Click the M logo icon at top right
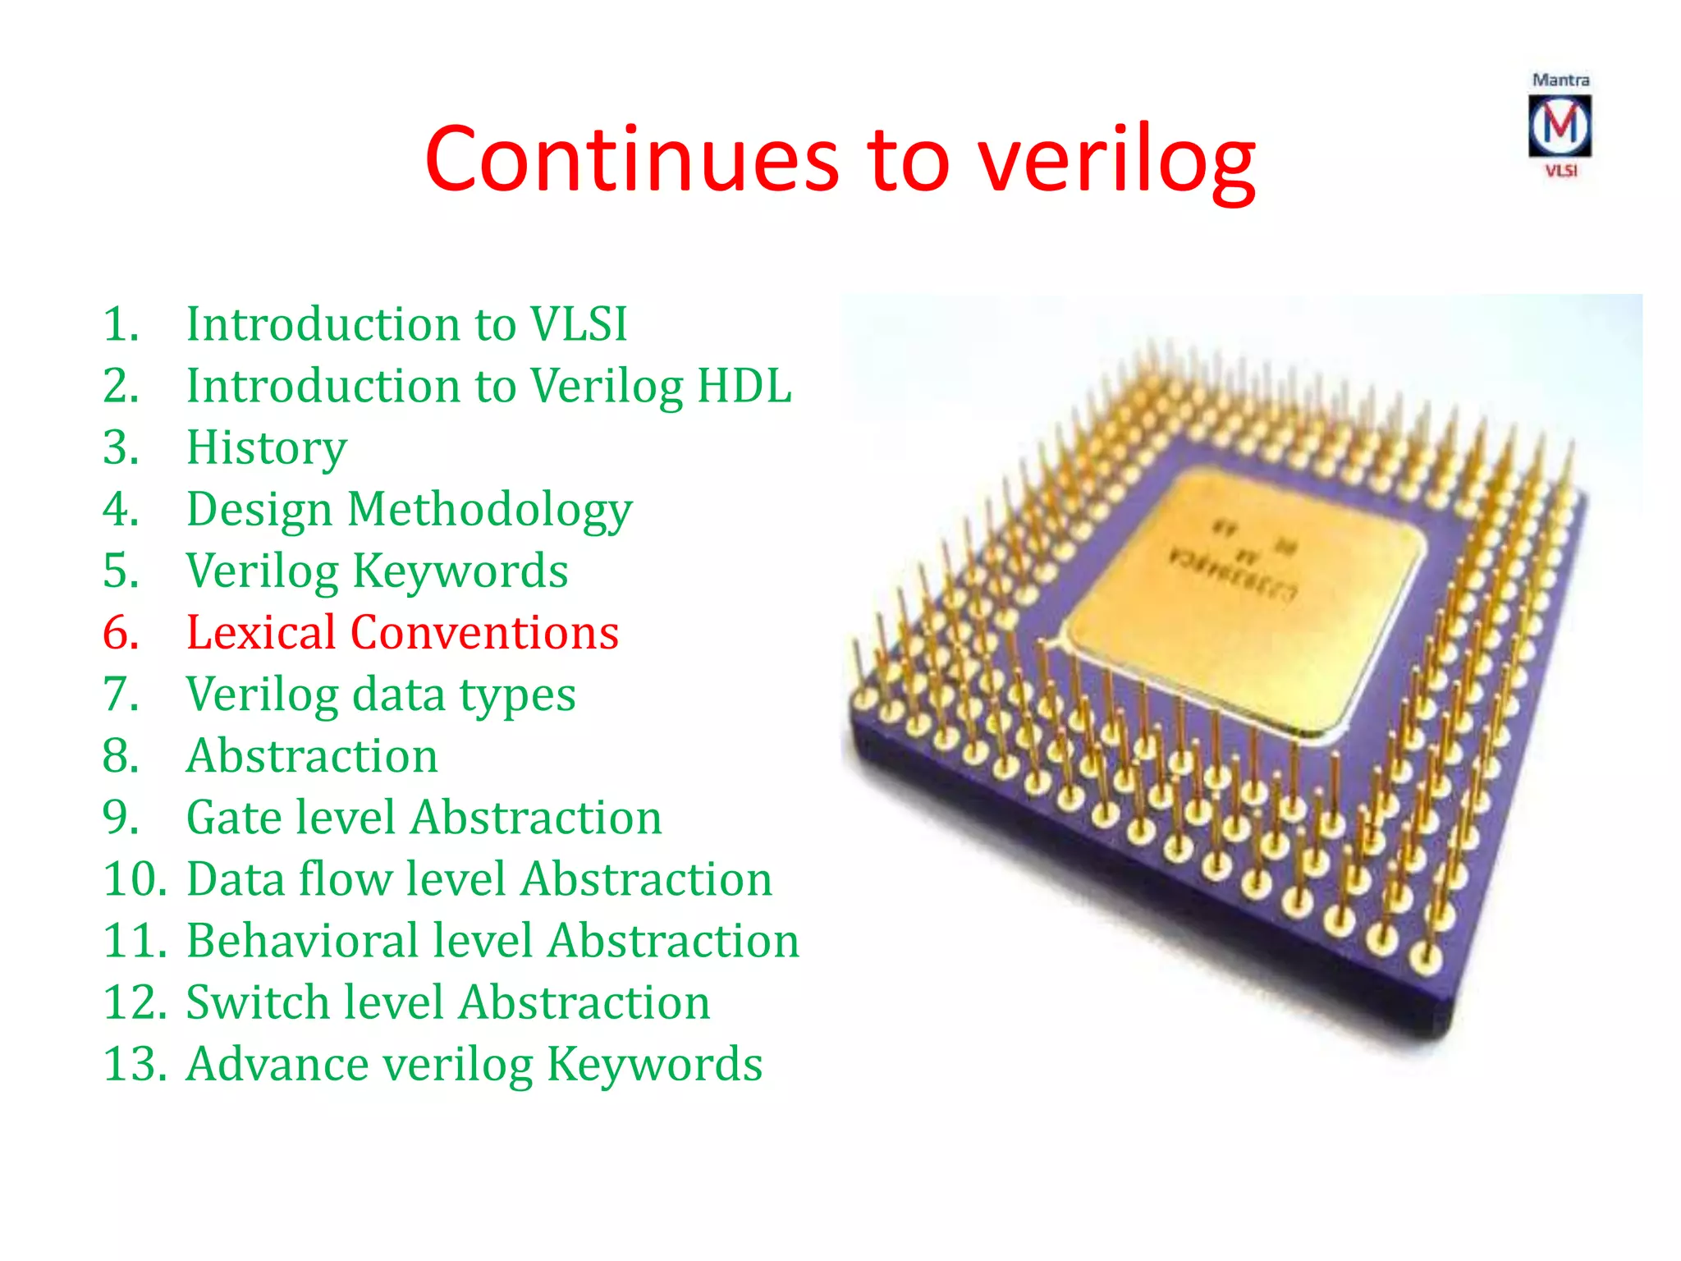click(1560, 126)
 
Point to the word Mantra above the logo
click(1560, 80)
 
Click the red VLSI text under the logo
click(1561, 171)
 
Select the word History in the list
click(267, 448)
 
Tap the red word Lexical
click(261, 632)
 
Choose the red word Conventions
click(484, 632)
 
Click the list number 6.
click(121, 632)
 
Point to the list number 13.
click(135, 1064)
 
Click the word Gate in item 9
click(234, 818)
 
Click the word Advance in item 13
click(277, 1064)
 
